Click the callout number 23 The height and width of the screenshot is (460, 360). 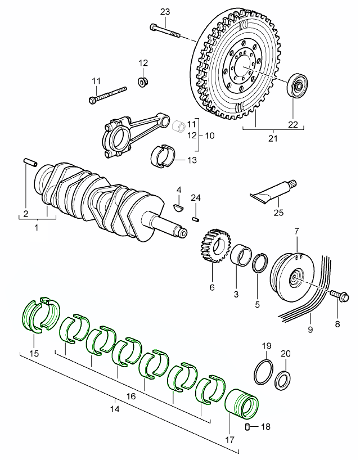tap(164, 12)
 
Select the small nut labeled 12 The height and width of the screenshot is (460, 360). tap(143, 82)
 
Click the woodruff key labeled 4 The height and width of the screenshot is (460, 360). tap(179, 206)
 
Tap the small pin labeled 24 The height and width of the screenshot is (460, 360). tap(196, 218)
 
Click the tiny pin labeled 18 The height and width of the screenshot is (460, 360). tap(248, 427)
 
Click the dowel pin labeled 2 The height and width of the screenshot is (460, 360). tap(30, 163)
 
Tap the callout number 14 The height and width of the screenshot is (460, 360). tap(115, 410)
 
